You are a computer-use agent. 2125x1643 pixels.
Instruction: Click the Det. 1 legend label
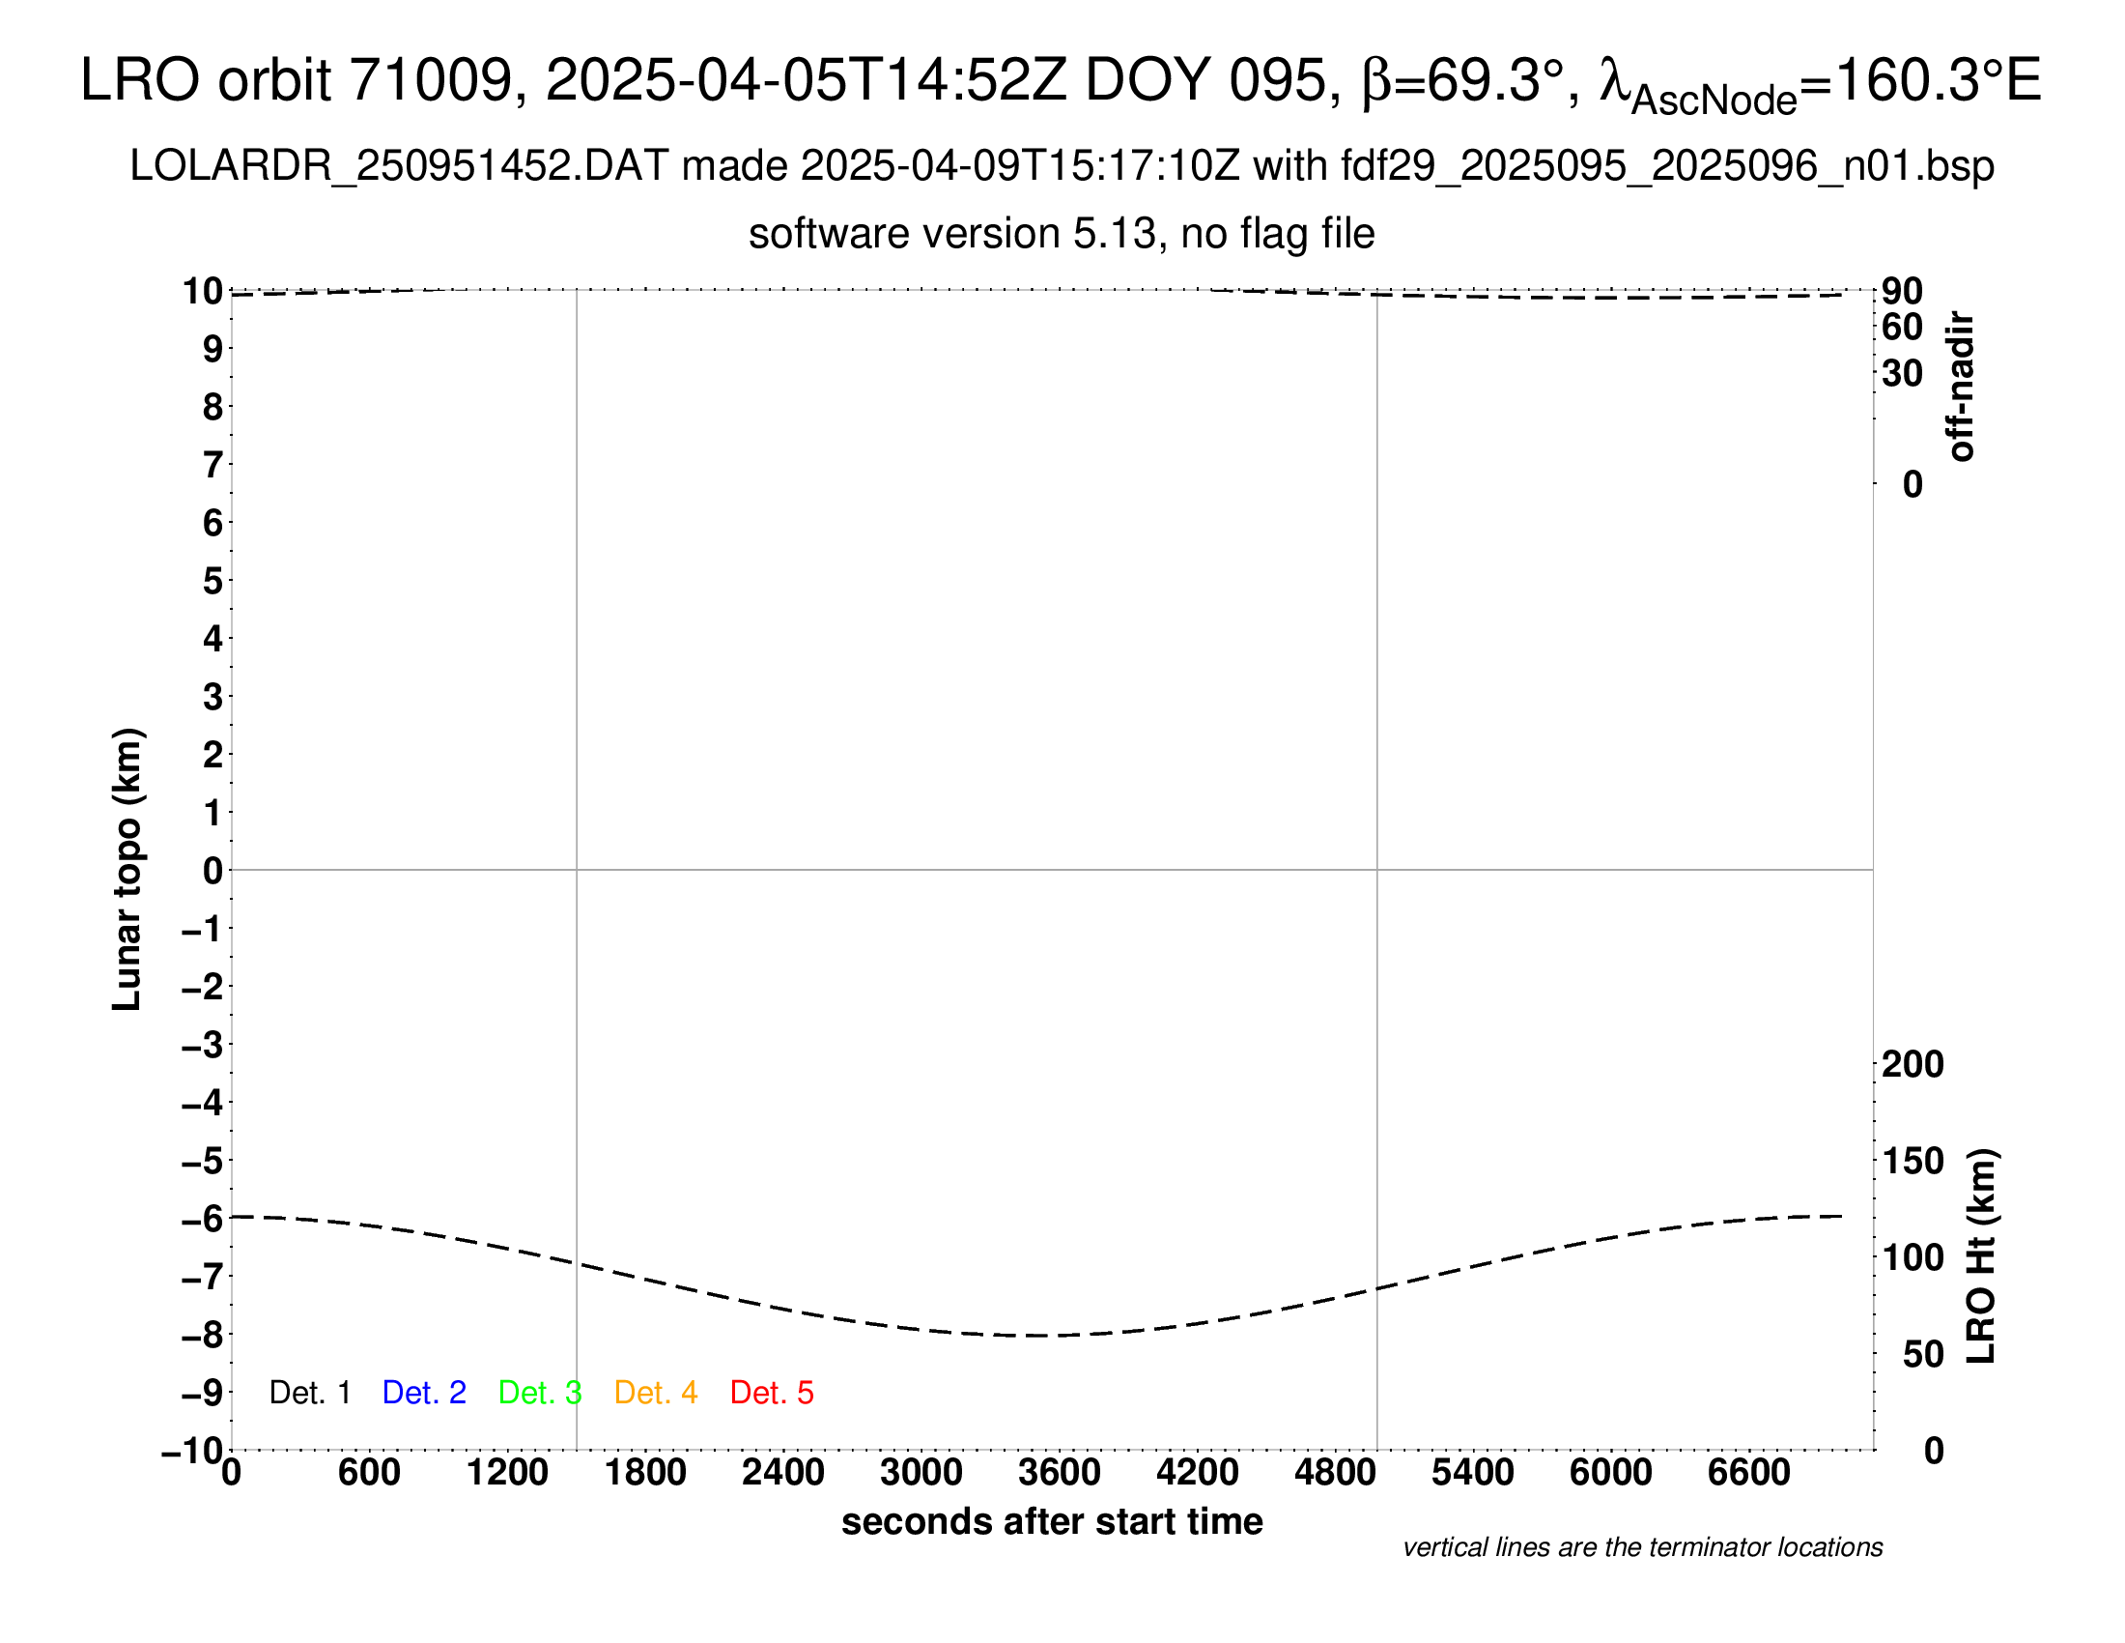309,1393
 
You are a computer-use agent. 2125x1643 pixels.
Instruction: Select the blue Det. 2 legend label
424,1393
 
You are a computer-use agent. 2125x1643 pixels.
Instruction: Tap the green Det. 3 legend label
540,1393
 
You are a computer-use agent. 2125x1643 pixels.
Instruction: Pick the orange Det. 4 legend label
656,1393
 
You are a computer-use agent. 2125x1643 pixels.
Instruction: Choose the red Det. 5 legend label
772,1393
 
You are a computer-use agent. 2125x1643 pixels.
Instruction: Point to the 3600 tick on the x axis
1060,1473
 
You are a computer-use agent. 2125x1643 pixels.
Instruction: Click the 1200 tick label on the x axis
507,1473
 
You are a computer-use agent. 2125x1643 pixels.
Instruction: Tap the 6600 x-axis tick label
1748,1473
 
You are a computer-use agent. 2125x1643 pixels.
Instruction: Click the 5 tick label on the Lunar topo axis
212,581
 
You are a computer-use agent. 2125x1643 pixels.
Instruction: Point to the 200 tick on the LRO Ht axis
1912,1065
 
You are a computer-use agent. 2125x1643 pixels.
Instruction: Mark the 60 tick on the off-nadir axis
1902,328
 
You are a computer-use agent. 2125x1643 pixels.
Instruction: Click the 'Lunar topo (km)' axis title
127,869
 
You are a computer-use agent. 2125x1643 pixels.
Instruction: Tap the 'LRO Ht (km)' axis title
1981,1256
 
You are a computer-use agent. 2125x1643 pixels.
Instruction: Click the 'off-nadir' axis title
1962,387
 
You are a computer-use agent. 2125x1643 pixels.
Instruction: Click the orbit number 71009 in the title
430,80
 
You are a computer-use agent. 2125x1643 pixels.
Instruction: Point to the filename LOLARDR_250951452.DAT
399,166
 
